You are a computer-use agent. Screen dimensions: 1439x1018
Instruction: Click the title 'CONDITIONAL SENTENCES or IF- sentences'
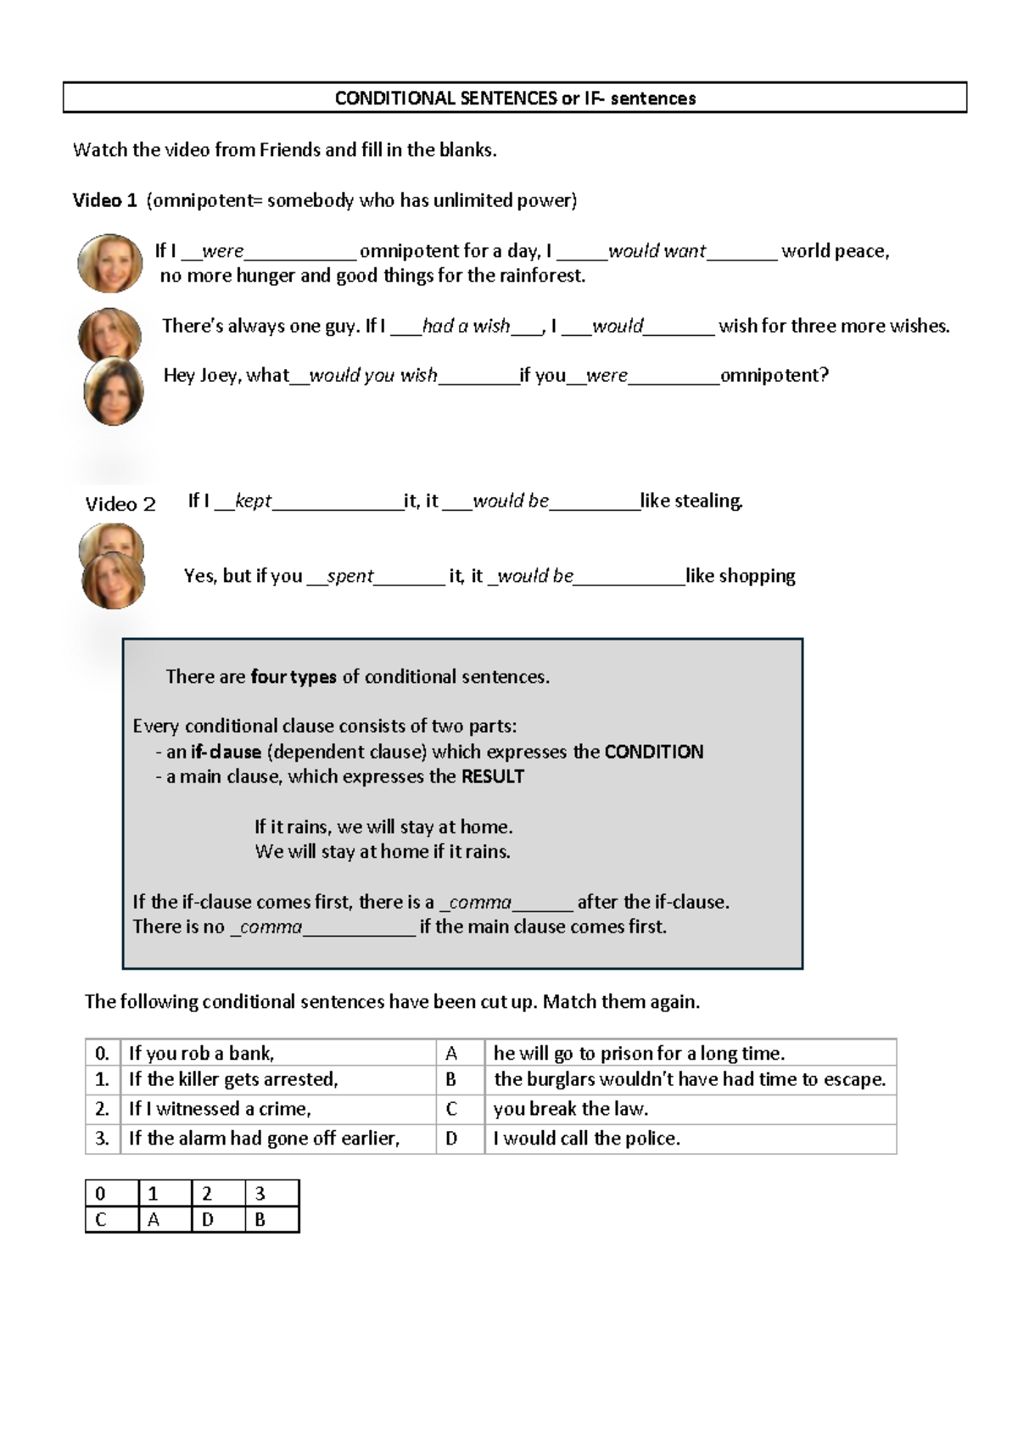point(515,98)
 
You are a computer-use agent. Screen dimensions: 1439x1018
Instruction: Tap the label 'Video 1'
point(104,201)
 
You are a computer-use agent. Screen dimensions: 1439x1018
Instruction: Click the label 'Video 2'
point(120,505)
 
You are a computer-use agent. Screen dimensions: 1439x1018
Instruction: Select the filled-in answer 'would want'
point(657,251)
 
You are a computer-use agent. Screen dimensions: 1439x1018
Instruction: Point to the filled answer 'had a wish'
point(466,326)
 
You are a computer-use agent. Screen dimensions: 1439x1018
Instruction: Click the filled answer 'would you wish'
point(373,375)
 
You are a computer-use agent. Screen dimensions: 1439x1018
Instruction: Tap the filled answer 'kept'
point(253,501)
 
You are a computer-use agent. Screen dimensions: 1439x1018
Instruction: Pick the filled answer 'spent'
point(350,576)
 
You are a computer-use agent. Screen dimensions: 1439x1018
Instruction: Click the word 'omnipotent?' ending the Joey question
point(774,375)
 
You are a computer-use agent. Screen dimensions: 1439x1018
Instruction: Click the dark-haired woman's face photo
point(114,391)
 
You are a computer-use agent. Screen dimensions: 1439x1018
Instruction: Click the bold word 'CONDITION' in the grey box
point(653,752)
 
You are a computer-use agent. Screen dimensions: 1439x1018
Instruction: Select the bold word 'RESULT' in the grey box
point(492,776)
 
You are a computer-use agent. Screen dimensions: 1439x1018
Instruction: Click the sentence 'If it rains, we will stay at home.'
point(383,826)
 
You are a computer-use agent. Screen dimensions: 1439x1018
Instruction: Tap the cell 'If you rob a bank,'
point(202,1054)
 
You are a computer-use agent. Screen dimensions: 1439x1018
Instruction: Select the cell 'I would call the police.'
point(587,1139)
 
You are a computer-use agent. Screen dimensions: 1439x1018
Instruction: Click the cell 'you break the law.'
point(570,1109)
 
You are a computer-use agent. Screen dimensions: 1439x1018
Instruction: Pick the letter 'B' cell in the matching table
point(451,1079)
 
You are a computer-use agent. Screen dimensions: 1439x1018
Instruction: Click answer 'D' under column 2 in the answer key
point(208,1220)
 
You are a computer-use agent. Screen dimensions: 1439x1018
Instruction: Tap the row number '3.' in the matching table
point(102,1139)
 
